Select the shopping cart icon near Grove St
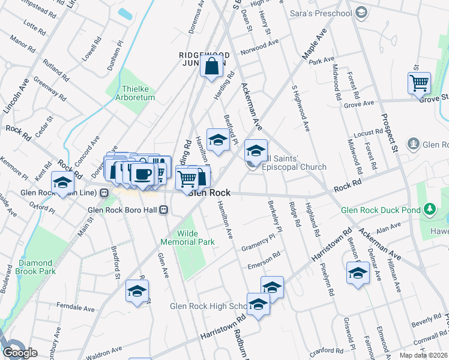click(x=418, y=83)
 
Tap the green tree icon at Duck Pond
click(x=429, y=209)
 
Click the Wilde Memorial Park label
click(x=187, y=238)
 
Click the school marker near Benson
click(x=358, y=273)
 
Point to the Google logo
click(x=20, y=353)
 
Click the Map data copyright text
click(x=424, y=355)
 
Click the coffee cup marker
click(x=142, y=174)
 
